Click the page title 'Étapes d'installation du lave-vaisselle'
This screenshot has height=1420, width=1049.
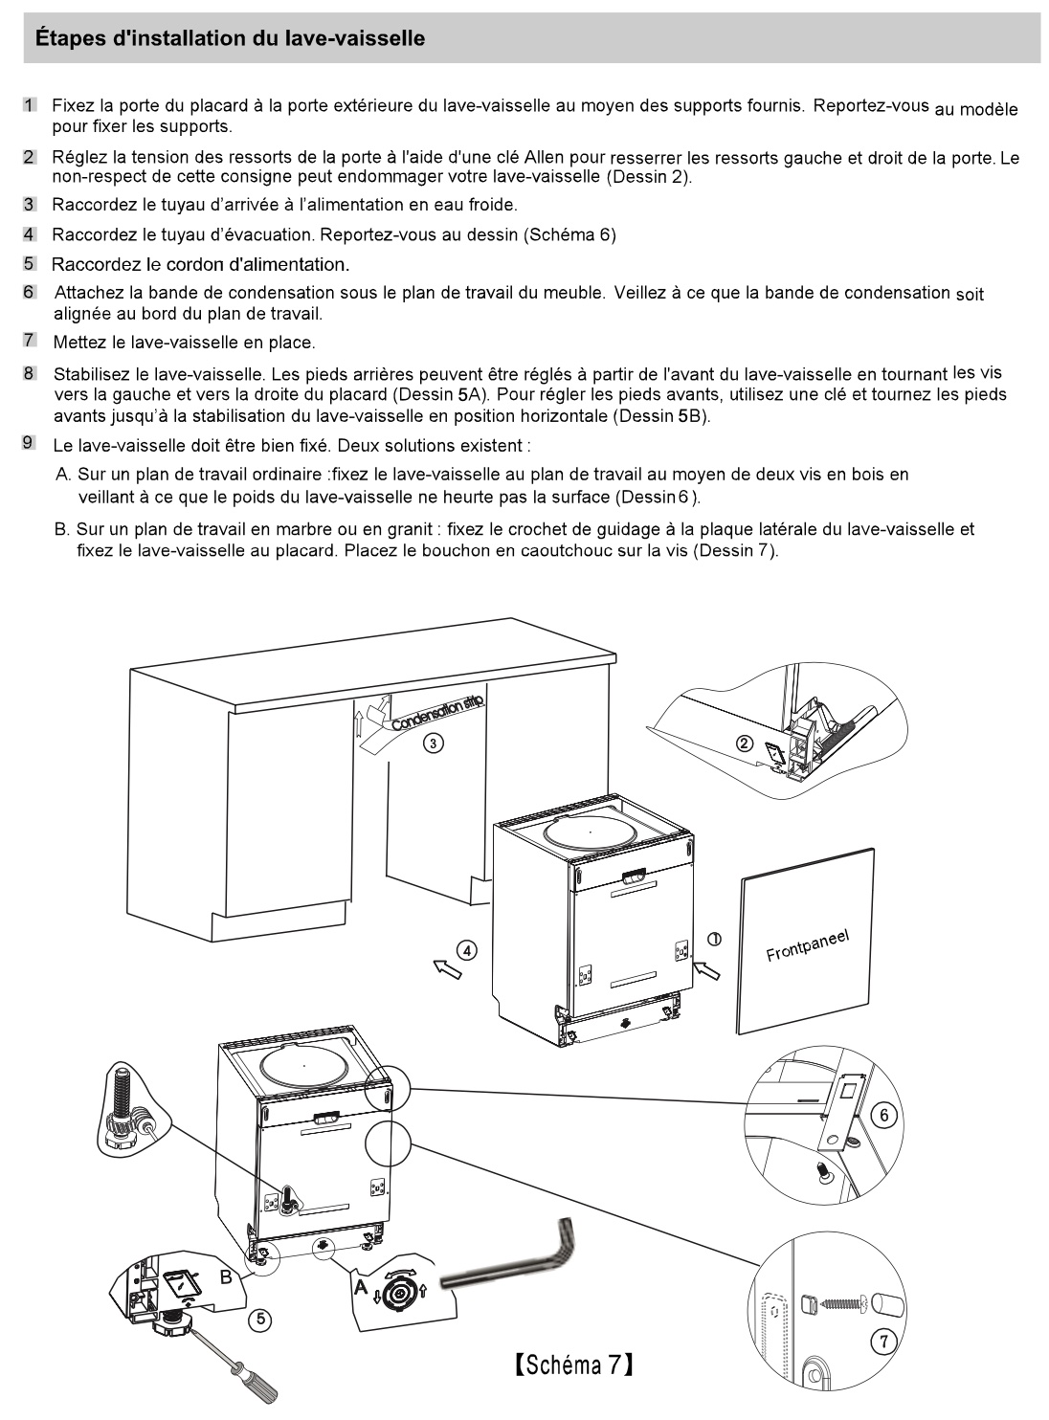pyautogui.click(x=230, y=39)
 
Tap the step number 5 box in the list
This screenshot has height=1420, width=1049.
pyautogui.click(x=29, y=263)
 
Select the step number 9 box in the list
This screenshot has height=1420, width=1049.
pyautogui.click(x=29, y=442)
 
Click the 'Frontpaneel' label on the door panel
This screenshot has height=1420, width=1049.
pyautogui.click(x=807, y=946)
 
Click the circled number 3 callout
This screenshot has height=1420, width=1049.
pyautogui.click(x=433, y=743)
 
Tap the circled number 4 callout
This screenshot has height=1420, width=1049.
pyautogui.click(x=466, y=950)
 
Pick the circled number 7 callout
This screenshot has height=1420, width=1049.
pyautogui.click(x=885, y=1342)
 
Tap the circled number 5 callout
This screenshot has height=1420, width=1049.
pyautogui.click(x=257, y=1320)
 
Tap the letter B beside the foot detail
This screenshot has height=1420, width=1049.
pyautogui.click(x=226, y=1276)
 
